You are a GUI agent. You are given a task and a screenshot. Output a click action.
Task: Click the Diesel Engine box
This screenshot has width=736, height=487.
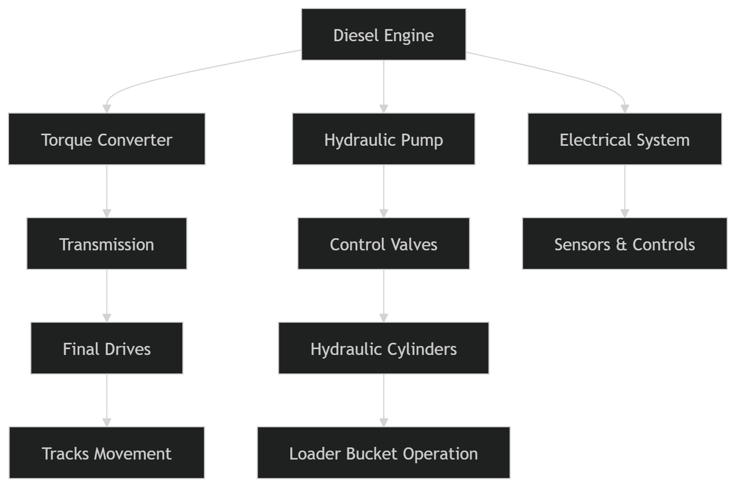click(383, 35)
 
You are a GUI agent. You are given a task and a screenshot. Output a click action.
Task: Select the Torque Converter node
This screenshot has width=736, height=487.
click(107, 139)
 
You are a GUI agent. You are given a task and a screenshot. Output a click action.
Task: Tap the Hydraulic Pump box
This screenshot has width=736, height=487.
click(383, 139)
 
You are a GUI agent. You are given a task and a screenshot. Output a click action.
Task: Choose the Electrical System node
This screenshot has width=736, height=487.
click(624, 139)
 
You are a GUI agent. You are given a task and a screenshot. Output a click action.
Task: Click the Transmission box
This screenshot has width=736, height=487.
click(107, 244)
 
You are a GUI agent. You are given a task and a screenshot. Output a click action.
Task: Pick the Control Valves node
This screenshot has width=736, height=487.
click(383, 244)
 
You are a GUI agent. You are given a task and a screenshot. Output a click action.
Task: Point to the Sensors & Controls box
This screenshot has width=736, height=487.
click(624, 244)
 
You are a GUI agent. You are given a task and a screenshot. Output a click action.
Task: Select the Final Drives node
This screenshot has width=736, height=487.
click(107, 349)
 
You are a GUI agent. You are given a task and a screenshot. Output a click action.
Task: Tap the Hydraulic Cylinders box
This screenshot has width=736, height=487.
click(383, 349)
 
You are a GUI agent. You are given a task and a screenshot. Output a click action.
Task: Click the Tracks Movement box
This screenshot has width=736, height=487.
click(107, 453)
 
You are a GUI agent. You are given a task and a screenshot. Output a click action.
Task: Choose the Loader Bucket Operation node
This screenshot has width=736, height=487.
click(383, 453)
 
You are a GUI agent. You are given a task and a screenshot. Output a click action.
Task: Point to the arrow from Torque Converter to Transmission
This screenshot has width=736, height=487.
click(107, 191)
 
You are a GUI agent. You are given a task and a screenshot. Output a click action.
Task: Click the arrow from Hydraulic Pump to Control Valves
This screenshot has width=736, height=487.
click(383, 191)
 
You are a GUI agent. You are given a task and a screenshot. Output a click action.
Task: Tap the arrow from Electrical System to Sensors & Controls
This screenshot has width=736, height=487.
click(624, 191)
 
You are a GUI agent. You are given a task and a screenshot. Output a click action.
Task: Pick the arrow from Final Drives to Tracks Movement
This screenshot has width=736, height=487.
click(107, 399)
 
